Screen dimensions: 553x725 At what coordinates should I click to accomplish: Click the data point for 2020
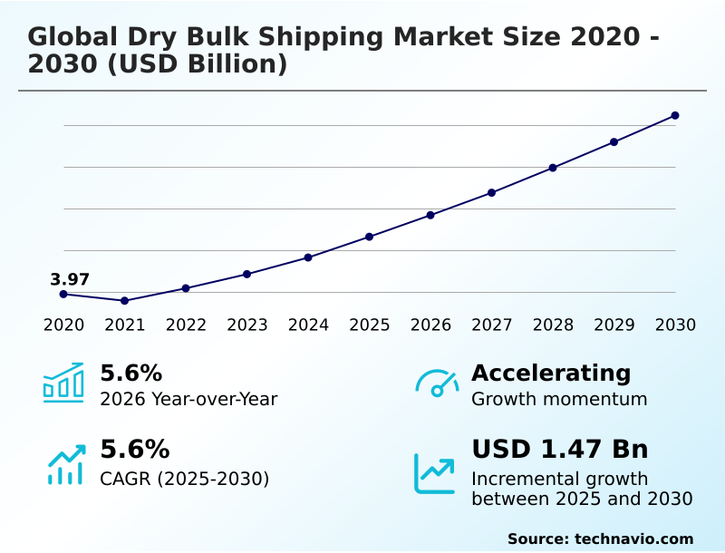click(63, 294)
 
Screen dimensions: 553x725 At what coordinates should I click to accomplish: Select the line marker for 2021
click(124, 300)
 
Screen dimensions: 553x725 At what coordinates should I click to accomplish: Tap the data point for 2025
click(369, 237)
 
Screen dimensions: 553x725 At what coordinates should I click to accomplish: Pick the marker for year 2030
click(675, 115)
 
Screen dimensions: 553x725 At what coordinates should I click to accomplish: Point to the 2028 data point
click(553, 168)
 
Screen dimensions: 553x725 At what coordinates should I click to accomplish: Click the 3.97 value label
click(70, 279)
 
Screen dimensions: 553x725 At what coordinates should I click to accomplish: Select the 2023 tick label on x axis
click(246, 325)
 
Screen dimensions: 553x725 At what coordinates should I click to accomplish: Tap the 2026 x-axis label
click(430, 325)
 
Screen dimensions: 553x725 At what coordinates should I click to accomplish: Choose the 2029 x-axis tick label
click(614, 325)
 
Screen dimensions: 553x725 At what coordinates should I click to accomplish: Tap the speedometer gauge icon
click(437, 383)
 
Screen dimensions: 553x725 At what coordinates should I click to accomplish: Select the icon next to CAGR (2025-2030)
click(65, 464)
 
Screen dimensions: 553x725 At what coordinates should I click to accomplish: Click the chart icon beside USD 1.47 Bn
click(435, 472)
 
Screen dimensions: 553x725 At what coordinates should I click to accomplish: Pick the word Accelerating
click(551, 373)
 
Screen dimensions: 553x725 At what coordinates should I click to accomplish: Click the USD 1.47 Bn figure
click(559, 449)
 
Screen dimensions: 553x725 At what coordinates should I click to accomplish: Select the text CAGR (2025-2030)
click(184, 478)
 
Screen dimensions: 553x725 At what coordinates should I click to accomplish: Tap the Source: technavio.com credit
click(600, 538)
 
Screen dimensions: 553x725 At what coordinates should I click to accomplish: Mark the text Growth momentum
click(559, 399)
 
